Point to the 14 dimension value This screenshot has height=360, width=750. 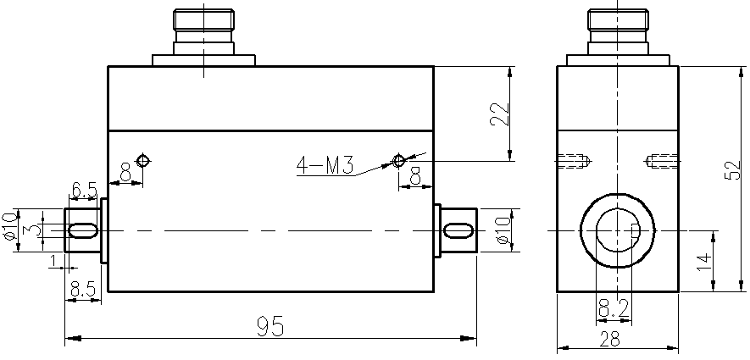[x=703, y=261]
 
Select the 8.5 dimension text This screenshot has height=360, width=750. [x=83, y=289]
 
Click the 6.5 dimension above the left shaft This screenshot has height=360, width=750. [x=83, y=191]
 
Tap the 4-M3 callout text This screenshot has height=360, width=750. [x=325, y=164]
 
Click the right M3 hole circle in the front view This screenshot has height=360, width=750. [x=399, y=160]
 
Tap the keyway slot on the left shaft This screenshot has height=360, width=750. [x=82, y=230]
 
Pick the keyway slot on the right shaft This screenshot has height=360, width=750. [x=458, y=230]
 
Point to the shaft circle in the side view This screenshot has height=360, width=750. [x=618, y=230]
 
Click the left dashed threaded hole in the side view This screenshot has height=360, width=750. [x=575, y=160]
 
